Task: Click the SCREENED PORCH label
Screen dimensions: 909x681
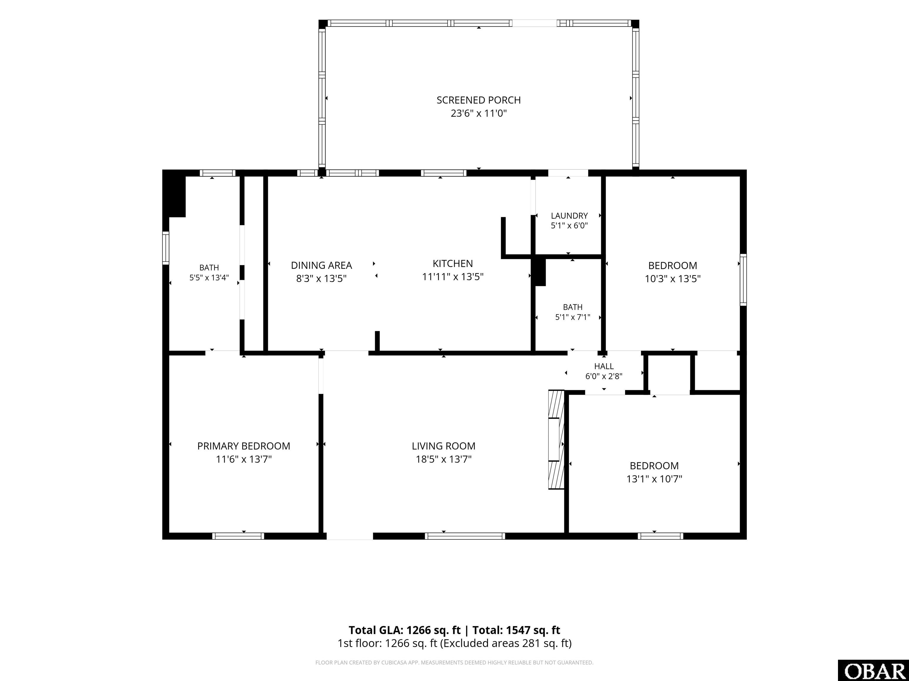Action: [478, 100]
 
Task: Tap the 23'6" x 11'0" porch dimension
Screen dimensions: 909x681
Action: [478, 113]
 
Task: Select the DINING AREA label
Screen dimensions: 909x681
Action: [321, 266]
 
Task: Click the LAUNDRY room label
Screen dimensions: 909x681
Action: [569, 215]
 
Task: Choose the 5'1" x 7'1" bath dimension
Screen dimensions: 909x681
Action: [573, 317]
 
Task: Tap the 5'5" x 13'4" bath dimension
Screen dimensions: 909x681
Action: [209, 278]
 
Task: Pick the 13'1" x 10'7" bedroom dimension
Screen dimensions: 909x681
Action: [654, 479]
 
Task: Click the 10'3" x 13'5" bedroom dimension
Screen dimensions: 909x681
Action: [673, 279]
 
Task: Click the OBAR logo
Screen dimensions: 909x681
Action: [873, 671]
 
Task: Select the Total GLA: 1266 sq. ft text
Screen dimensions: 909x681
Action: [405, 630]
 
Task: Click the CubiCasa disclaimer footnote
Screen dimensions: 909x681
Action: [454, 663]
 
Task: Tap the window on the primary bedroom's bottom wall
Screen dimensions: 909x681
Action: [238, 536]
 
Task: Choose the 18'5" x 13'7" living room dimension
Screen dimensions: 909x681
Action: [444, 459]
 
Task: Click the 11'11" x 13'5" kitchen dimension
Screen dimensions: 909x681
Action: [452, 277]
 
